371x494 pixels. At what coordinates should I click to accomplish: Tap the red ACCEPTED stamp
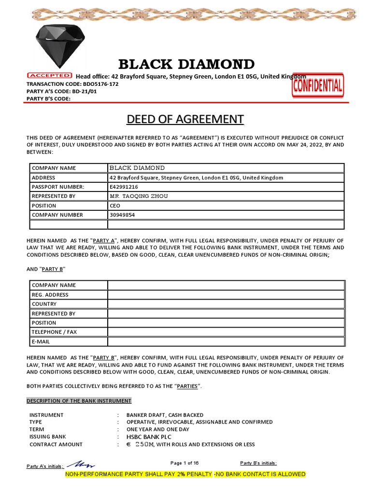[49, 76]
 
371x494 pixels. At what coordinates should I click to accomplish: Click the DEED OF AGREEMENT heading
[185, 119]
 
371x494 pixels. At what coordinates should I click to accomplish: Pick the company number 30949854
[122, 215]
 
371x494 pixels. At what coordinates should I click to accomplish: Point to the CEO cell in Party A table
[115, 206]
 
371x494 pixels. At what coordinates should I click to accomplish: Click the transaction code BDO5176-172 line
[72, 84]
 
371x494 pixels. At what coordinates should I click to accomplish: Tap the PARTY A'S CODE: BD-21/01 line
[61, 91]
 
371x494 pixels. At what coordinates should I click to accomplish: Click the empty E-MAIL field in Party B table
[226, 342]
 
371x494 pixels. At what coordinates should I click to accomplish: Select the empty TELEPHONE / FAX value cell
[226, 332]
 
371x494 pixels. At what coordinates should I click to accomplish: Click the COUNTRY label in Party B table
[44, 304]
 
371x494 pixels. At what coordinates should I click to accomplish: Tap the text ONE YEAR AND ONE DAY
[157, 429]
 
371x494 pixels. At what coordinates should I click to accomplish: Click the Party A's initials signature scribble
[80, 464]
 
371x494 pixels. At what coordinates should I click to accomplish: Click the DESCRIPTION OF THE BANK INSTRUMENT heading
[79, 401]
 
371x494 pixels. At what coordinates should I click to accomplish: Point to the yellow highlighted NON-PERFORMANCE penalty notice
[185, 474]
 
